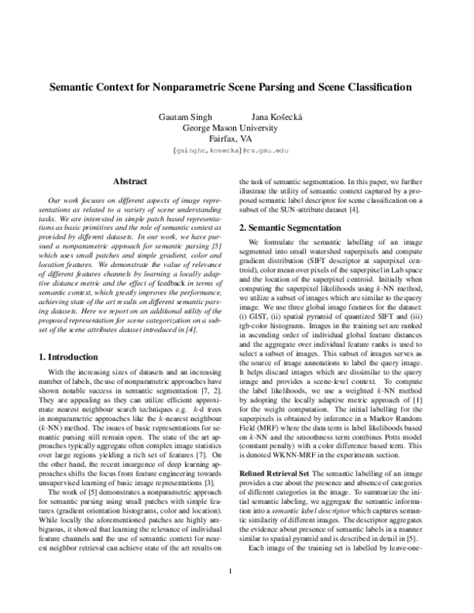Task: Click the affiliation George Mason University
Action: pyautogui.click(x=237, y=127)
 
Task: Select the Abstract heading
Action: pyautogui.click(x=130, y=181)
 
